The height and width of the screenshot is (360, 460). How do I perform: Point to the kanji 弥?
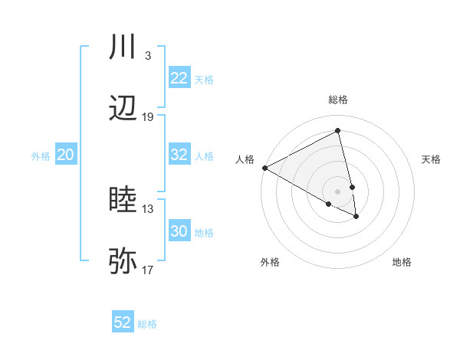pos(123,260)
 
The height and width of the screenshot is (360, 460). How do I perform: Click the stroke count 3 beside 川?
pos(147,56)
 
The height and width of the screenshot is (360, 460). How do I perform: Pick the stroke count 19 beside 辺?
pos(148,116)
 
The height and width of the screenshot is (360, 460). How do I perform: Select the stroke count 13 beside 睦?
pos(148,208)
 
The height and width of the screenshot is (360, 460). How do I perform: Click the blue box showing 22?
pos(179,78)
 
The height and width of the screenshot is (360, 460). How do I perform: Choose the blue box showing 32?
pos(179,155)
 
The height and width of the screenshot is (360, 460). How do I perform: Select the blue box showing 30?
pos(179,232)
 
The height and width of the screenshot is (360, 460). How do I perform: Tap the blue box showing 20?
pos(65,155)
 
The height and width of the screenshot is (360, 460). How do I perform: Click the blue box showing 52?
pos(123,322)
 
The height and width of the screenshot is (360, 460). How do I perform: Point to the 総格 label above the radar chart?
pos(338,100)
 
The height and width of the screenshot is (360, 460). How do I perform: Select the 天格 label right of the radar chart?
pos(432,159)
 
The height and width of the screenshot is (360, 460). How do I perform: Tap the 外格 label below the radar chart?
pos(270,262)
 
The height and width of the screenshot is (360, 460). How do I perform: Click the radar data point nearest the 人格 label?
pos(264,168)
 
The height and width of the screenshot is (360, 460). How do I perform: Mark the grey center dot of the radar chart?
pos(337,191)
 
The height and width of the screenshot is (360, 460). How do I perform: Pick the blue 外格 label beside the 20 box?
pos(41,155)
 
